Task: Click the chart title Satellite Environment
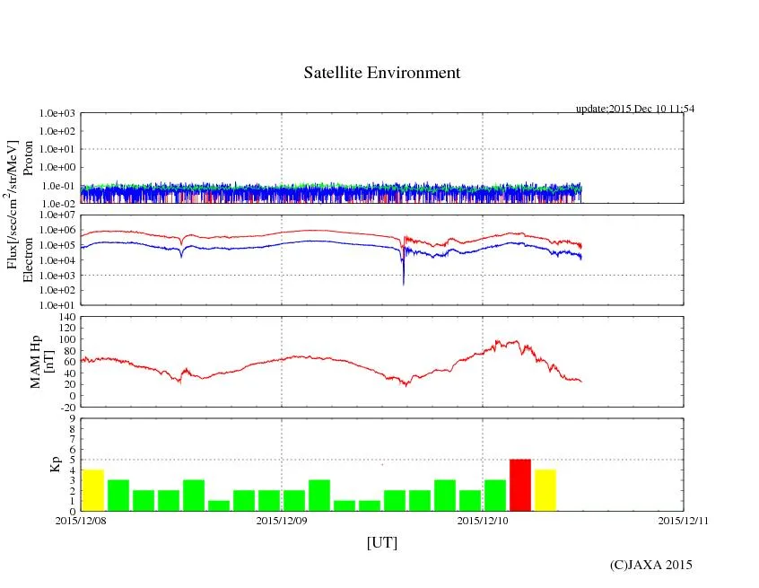[x=382, y=73]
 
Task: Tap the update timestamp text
[x=635, y=109]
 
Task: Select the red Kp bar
[x=520, y=485]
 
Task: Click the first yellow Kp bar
[x=93, y=490]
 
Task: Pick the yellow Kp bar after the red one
[x=545, y=490]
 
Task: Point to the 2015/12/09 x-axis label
[x=283, y=520]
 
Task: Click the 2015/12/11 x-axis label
[x=684, y=520]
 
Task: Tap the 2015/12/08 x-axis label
[x=81, y=520]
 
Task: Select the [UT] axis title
[x=382, y=542]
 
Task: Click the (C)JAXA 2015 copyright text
[x=651, y=565]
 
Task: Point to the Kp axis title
[x=31, y=464]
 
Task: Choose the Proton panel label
[x=28, y=158]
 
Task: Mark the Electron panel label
[x=28, y=259]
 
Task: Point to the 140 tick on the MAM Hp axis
[x=68, y=317]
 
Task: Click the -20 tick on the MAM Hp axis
[x=68, y=407]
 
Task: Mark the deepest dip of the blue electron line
[x=403, y=284]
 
